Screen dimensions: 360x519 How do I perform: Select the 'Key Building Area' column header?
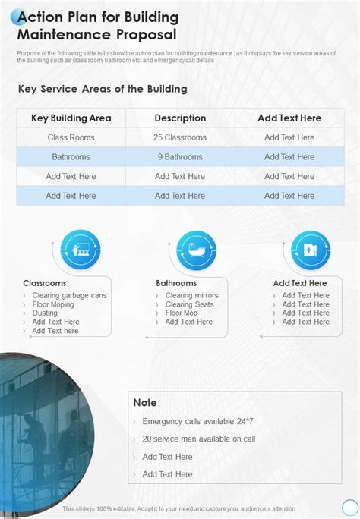(71, 118)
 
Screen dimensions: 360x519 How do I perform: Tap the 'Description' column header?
(180, 118)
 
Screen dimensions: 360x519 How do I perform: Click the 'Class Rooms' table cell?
(71, 137)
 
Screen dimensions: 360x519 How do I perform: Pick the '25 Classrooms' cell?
(180, 137)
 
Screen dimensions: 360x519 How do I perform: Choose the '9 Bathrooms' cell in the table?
(180, 157)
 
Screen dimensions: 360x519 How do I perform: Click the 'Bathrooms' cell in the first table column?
(71, 157)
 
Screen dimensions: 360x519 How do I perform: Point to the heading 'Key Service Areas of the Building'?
(103, 89)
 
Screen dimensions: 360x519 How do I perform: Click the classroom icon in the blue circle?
(80, 249)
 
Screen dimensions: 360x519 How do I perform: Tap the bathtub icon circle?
(197, 249)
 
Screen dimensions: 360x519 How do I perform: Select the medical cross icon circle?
(311, 249)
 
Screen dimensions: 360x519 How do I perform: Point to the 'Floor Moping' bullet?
(53, 304)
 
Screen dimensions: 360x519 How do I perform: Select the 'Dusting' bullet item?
(45, 313)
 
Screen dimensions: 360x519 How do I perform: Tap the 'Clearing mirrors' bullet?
(191, 295)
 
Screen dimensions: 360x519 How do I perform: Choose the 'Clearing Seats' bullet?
(189, 304)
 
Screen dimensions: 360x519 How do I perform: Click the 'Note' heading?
(145, 402)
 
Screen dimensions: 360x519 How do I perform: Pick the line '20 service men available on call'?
(198, 439)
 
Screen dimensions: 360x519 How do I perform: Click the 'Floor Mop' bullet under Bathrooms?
(182, 313)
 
